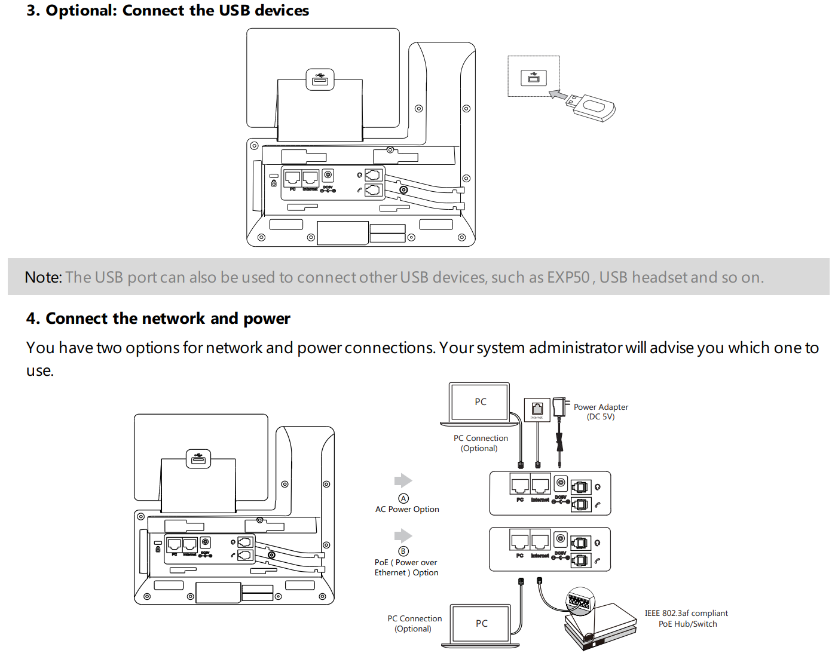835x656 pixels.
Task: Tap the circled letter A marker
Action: pos(403,498)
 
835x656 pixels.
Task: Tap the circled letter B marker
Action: pos(403,551)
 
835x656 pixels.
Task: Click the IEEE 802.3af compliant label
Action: pos(686,614)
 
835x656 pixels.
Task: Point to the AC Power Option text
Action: pos(407,510)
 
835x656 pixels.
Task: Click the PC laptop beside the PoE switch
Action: pos(481,624)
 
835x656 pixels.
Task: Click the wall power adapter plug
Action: pos(559,407)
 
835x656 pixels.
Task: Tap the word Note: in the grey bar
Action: pos(43,278)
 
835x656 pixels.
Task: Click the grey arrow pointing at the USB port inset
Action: pos(558,95)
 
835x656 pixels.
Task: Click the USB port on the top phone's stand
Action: pos(320,79)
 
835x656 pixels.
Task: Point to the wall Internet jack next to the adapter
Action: pos(537,409)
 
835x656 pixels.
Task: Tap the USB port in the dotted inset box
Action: pos(533,78)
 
